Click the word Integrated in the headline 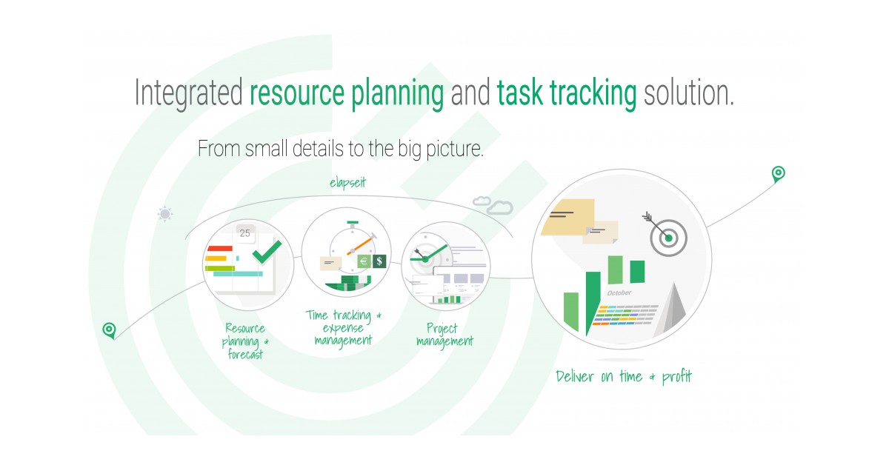(188, 94)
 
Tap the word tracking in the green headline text (593, 94)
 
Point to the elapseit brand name (349, 181)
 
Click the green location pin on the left (110, 329)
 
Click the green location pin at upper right (778, 174)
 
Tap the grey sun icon (164, 214)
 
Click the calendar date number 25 (245, 233)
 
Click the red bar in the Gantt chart (220, 249)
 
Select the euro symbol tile (364, 261)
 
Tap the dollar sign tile (379, 261)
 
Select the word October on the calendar (619, 293)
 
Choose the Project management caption (444, 335)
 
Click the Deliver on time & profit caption (624, 377)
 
